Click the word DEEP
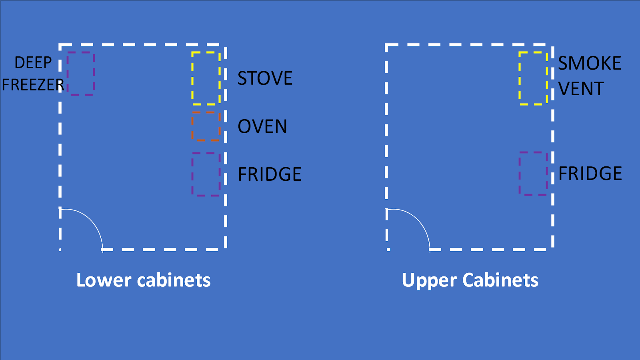point(33,63)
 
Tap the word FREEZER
point(33,85)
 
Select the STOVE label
point(265,78)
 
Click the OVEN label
point(262,126)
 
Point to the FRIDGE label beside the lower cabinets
point(270,174)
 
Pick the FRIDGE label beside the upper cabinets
point(590,174)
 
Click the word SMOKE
point(590,63)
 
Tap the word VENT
point(581,89)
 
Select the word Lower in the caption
point(104,280)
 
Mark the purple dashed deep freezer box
point(81,74)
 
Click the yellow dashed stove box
point(206,78)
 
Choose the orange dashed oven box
point(206,126)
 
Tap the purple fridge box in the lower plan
point(206,174)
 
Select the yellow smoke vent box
point(533,78)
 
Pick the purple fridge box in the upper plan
point(533,173)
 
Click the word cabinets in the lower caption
point(174,280)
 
